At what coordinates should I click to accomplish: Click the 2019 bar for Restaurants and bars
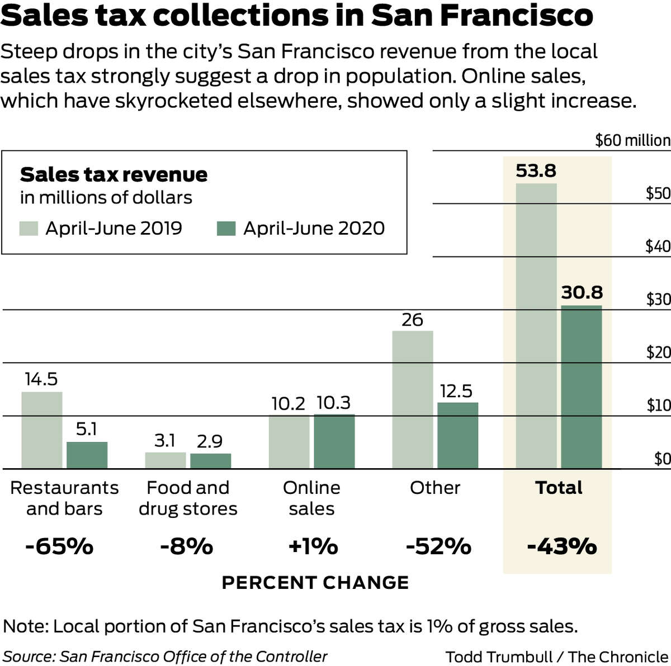pos(42,430)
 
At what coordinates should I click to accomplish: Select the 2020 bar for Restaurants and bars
pos(87,455)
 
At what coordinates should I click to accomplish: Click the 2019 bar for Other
pos(413,399)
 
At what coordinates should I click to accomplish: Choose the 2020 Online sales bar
pos(334,441)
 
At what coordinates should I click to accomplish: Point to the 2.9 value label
pos(210,441)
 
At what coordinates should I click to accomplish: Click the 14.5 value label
pos(41,380)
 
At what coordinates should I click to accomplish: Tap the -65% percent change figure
pos(59,546)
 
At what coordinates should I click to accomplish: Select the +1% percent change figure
pos(313,546)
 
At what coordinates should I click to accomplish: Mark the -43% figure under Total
pos(561,546)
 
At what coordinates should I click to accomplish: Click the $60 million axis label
pos(632,140)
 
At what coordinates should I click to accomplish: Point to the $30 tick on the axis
pos(658,299)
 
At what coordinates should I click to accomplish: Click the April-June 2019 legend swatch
pos(29,229)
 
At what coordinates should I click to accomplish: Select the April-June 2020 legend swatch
pos(226,229)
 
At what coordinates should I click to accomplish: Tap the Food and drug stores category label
pos(188,498)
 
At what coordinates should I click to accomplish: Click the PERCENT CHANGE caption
pos(315,583)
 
